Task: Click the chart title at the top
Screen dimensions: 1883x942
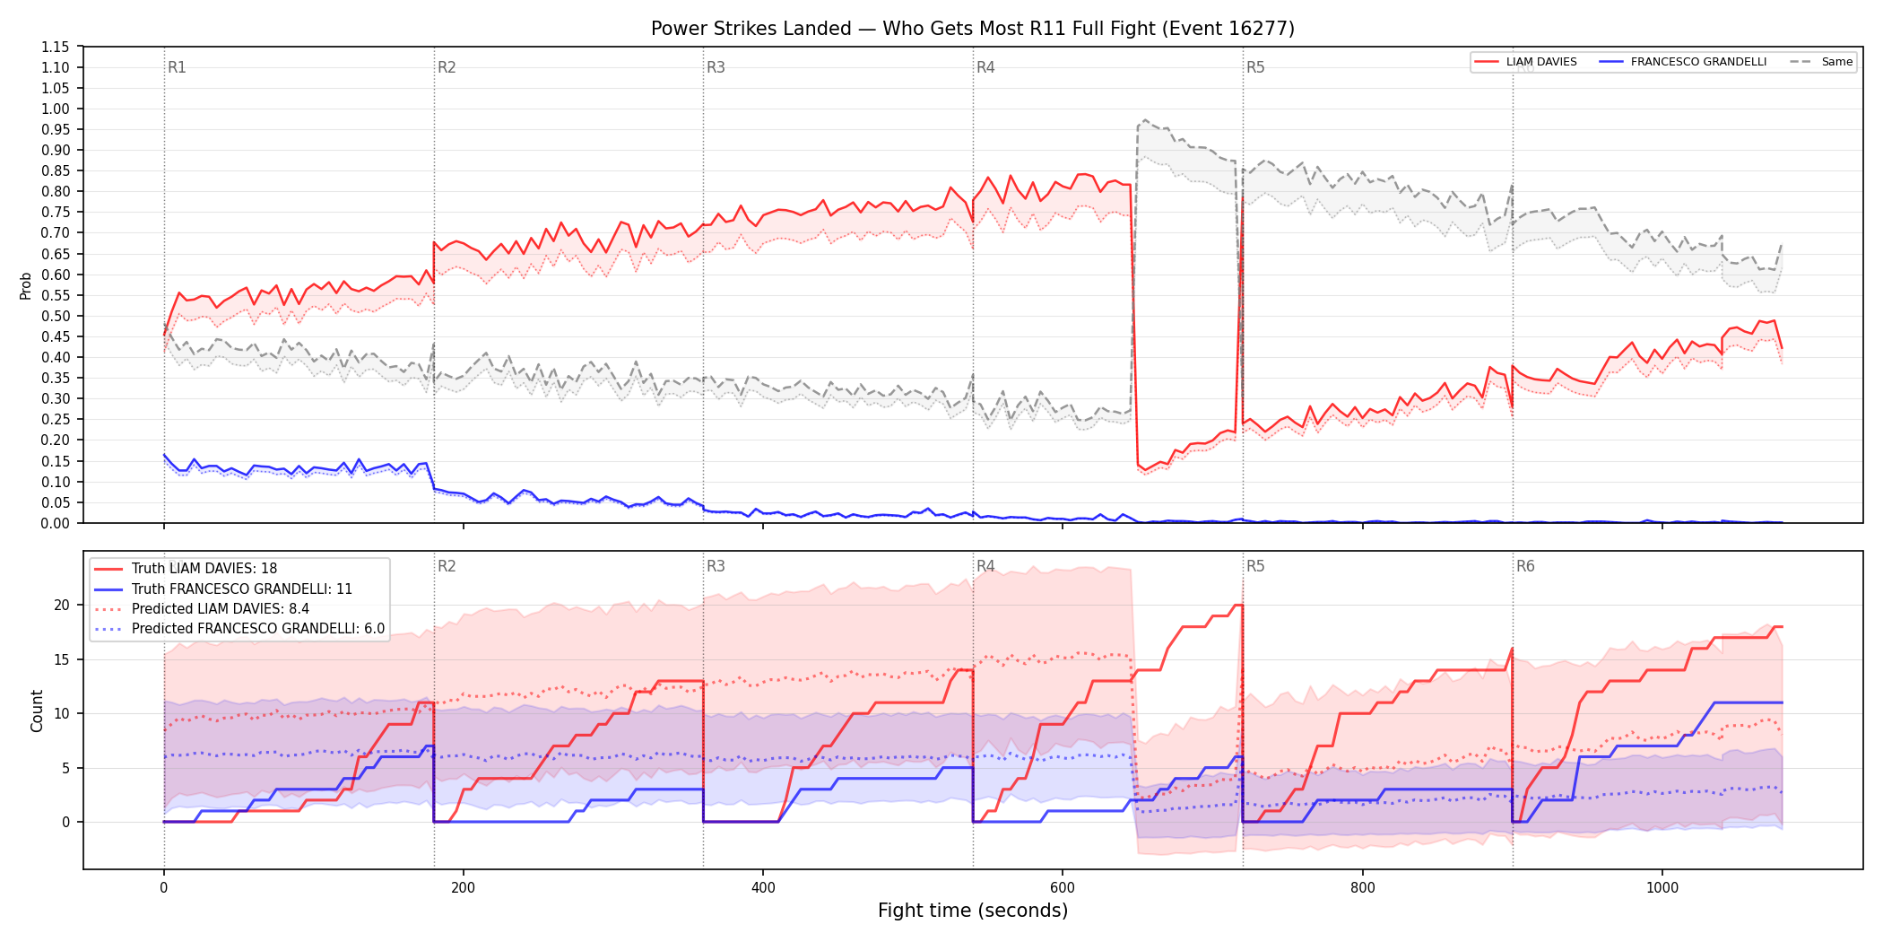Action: coord(973,29)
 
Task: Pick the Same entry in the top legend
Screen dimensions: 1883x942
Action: coord(1821,62)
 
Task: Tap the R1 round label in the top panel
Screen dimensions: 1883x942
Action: coord(177,67)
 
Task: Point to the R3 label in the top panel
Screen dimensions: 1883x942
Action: coord(716,67)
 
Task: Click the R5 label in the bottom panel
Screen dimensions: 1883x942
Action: coord(1255,566)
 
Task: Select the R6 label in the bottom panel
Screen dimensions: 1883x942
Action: coord(1525,566)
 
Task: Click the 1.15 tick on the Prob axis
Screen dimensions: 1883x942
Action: coord(56,47)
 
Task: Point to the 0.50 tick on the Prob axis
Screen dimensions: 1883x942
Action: coord(56,316)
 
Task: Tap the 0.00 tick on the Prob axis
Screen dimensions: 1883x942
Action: coord(56,523)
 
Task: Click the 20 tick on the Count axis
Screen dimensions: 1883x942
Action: coord(62,605)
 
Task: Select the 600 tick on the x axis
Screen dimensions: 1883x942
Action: coord(1063,888)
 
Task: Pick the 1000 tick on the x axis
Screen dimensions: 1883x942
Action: coord(1662,888)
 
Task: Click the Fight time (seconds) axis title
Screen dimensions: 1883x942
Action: coord(973,911)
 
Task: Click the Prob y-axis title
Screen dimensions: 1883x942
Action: coord(26,285)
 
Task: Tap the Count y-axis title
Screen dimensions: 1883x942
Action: coord(37,711)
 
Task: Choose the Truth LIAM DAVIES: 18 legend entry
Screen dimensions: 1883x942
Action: coord(186,569)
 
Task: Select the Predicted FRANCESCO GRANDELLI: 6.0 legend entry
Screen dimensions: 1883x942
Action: coord(239,629)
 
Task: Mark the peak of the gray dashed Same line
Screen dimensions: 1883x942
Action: coord(1145,119)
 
